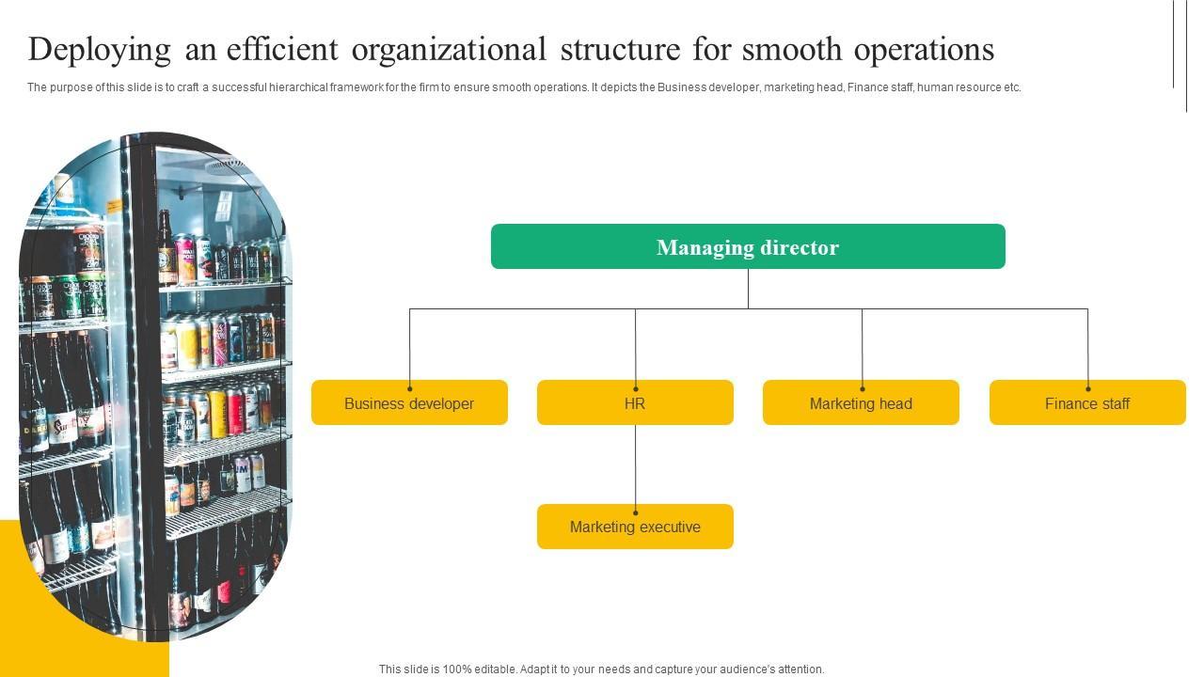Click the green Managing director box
748,246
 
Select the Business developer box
409,403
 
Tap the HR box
635,403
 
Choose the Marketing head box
861,403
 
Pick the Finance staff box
1087,403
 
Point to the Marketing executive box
635,527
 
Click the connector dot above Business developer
409,388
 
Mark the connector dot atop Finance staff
1088,388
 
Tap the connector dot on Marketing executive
635,512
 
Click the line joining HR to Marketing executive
635,465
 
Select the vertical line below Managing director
748,289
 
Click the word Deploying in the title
100,50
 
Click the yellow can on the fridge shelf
218,414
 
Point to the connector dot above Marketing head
862,388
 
